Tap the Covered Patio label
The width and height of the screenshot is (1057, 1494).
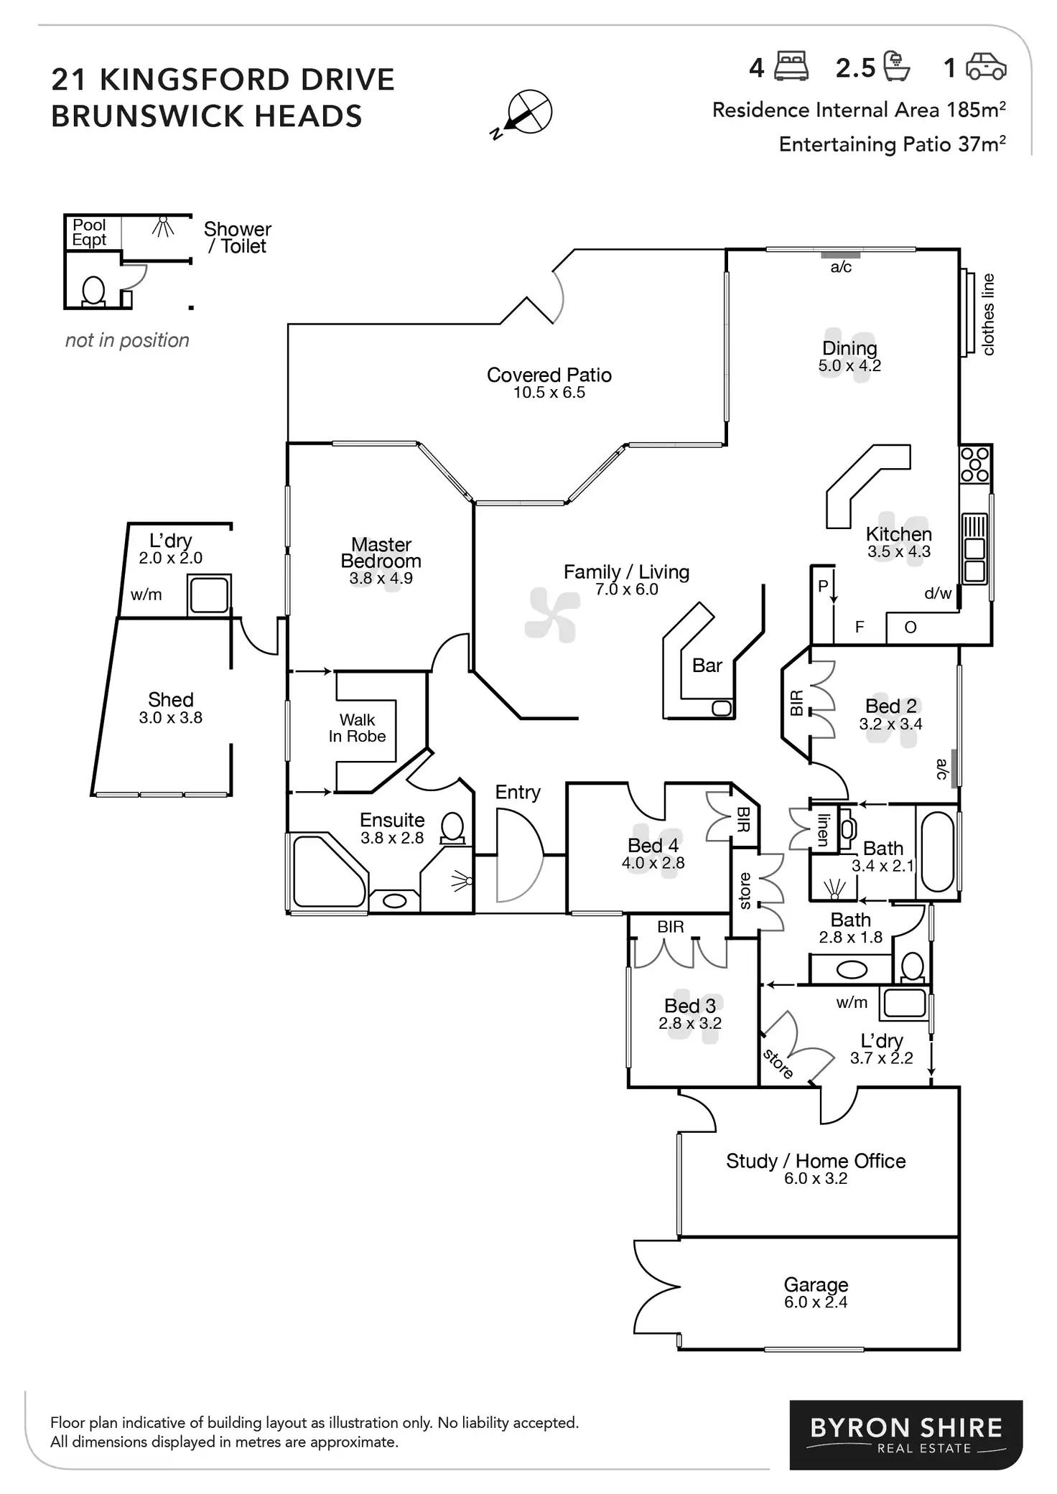(549, 375)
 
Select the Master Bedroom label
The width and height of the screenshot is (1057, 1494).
(381, 553)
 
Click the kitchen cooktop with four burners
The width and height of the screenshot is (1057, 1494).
(975, 464)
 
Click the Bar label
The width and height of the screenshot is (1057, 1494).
(707, 666)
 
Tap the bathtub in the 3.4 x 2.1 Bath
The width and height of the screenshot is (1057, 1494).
(937, 851)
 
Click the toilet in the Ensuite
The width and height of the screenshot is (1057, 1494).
(452, 828)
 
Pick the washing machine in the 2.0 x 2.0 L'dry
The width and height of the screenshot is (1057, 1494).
(209, 595)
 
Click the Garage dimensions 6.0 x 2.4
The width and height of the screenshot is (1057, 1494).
(815, 1302)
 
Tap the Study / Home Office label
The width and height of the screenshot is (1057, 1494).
(815, 1161)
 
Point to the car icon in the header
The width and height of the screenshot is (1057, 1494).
(986, 67)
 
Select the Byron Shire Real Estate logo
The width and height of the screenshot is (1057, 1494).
(905, 1434)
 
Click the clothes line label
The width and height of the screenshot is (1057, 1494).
(988, 314)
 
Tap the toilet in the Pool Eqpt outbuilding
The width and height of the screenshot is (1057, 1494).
(94, 291)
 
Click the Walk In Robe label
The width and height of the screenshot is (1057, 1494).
(357, 728)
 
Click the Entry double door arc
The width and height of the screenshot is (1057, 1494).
(518, 854)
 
